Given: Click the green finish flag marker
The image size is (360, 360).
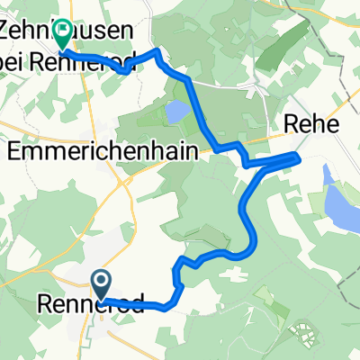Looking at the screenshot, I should click(x=62, y=34).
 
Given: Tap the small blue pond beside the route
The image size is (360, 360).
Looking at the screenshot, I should click(x=176, y=112).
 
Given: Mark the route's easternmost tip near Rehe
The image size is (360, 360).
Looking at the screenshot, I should click(x=297, y=158).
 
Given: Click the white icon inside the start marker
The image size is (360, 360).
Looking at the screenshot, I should click(x=101, y=282).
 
